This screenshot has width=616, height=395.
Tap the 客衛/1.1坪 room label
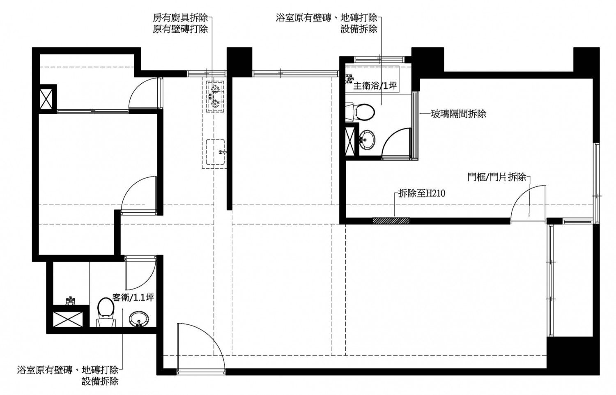point(133,297)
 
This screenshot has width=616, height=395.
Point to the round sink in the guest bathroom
point(140,319)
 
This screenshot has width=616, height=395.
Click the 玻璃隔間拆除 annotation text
point(458,114)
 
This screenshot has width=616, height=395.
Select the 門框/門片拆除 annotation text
point(496,177)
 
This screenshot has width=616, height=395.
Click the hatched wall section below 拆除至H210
point(391,220)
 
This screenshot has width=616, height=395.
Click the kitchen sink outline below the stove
point(216,152)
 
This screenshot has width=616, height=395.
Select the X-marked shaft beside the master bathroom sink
point(350,141)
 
